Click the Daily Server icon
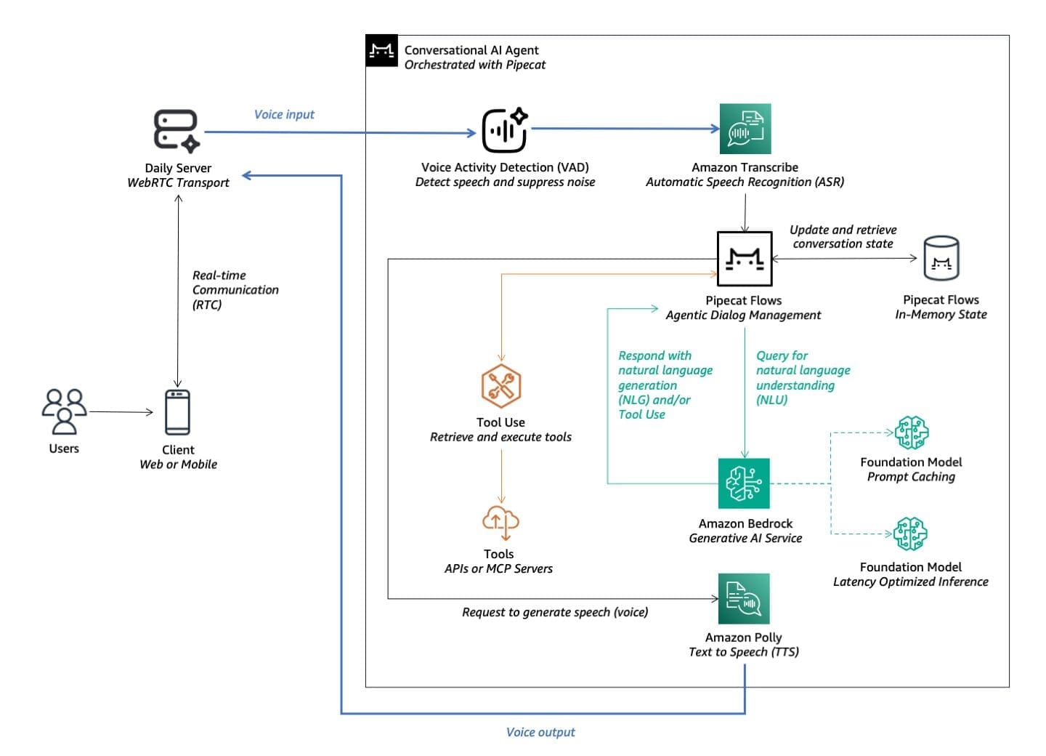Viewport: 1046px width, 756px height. coord(177,131)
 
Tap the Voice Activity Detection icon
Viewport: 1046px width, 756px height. coord(505,130)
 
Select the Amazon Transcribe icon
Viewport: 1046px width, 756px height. coord(745,129)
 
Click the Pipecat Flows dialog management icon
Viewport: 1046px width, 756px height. coord(745,259)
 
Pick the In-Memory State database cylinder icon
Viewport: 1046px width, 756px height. coord(941,259)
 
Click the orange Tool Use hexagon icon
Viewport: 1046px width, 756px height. coord(500,386)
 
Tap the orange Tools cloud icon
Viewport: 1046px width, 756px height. coord(500,521)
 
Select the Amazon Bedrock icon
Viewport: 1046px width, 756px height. coord(744,483)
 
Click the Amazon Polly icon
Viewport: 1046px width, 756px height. coord(744,599)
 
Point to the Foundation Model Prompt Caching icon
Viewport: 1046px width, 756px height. coord(912,433)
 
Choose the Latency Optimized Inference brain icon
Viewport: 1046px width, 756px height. coord(910,534)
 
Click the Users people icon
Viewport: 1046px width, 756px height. coord(64,411)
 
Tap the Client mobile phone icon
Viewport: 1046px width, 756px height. coord(178,412)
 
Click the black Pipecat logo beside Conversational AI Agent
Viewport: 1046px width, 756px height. coord(381,50)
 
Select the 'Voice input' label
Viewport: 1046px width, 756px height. coord(284,114)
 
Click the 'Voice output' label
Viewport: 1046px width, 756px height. coord(540,732)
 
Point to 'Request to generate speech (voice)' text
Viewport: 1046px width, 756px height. coord(555,612)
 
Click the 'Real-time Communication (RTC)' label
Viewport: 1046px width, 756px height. coord(235,289)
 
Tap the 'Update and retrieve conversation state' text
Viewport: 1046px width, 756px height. coord(843,236)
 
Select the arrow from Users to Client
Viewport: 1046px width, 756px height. coord(121,412)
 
